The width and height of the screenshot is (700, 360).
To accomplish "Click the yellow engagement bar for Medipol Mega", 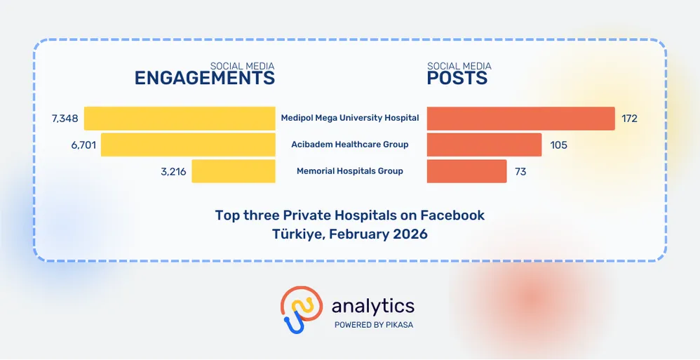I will click(x=180, y=118).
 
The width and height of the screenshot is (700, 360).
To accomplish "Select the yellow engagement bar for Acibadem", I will click(x=188, y=145).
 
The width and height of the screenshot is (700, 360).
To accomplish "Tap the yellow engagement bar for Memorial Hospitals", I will click(x=234, y=171).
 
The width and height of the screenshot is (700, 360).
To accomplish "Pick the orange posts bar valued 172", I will click(x=520, y=118).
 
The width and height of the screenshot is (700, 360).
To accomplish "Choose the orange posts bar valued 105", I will click(x=484, y=145).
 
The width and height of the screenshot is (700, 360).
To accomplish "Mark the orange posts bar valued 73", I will click(x=466, y=171).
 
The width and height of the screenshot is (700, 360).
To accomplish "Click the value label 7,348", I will click(x=65, y=118).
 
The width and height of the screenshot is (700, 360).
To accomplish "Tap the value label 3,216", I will click(x=173, y=171).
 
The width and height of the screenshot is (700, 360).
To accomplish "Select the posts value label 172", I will click(x=629, y=118).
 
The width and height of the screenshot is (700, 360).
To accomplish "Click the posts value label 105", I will click(x=558, y=145).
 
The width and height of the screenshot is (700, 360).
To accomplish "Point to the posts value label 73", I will click(x=520, y=171).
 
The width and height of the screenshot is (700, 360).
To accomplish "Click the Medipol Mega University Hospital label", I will click(x=350, y=118).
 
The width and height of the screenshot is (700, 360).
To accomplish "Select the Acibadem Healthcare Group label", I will click(x=350, y=145).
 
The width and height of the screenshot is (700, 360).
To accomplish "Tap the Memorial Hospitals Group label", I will click(x=350, y=171).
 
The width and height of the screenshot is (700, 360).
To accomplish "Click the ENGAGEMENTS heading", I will click(x=204, y=78).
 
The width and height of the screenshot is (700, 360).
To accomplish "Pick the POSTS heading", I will click(x=457, y=78).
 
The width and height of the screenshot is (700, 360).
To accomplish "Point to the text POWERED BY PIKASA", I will click(x=372, y=325).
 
